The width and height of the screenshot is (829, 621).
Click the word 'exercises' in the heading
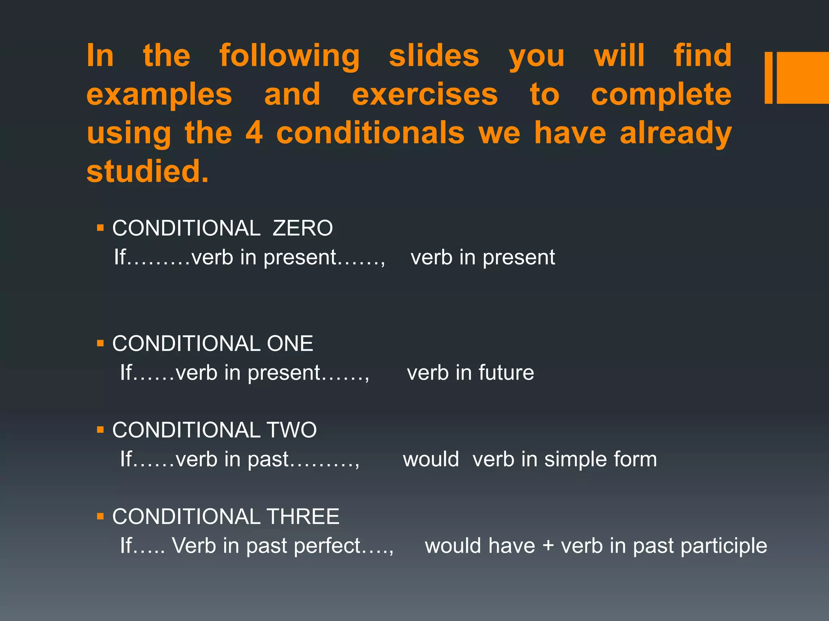click(x=425, y=95)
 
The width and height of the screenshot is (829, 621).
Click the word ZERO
click(x=303, y=228)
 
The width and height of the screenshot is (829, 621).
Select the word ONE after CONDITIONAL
click(x=290, y=344)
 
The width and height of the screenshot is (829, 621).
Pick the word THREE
click(x=303, y=517)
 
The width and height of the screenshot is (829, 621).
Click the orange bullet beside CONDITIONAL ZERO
click(x=101, y=228)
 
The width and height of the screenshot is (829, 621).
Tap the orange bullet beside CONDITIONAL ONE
click(x=101, y=344)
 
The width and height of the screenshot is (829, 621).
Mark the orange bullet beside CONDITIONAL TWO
click(x=101, y=430)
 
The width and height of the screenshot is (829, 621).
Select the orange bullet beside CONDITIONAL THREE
click(x=101, y=516)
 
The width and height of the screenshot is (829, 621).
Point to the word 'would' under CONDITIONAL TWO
click(x=431, y=459)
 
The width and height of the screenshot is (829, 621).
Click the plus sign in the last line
click(x=548, y=546)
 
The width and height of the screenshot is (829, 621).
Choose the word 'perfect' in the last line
click(x=327, y=546)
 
